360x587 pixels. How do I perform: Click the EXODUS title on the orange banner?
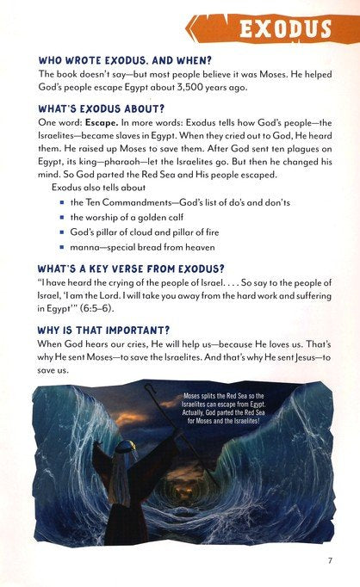[x=285, y=31]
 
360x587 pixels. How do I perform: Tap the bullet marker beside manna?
[x=62, y=256]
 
